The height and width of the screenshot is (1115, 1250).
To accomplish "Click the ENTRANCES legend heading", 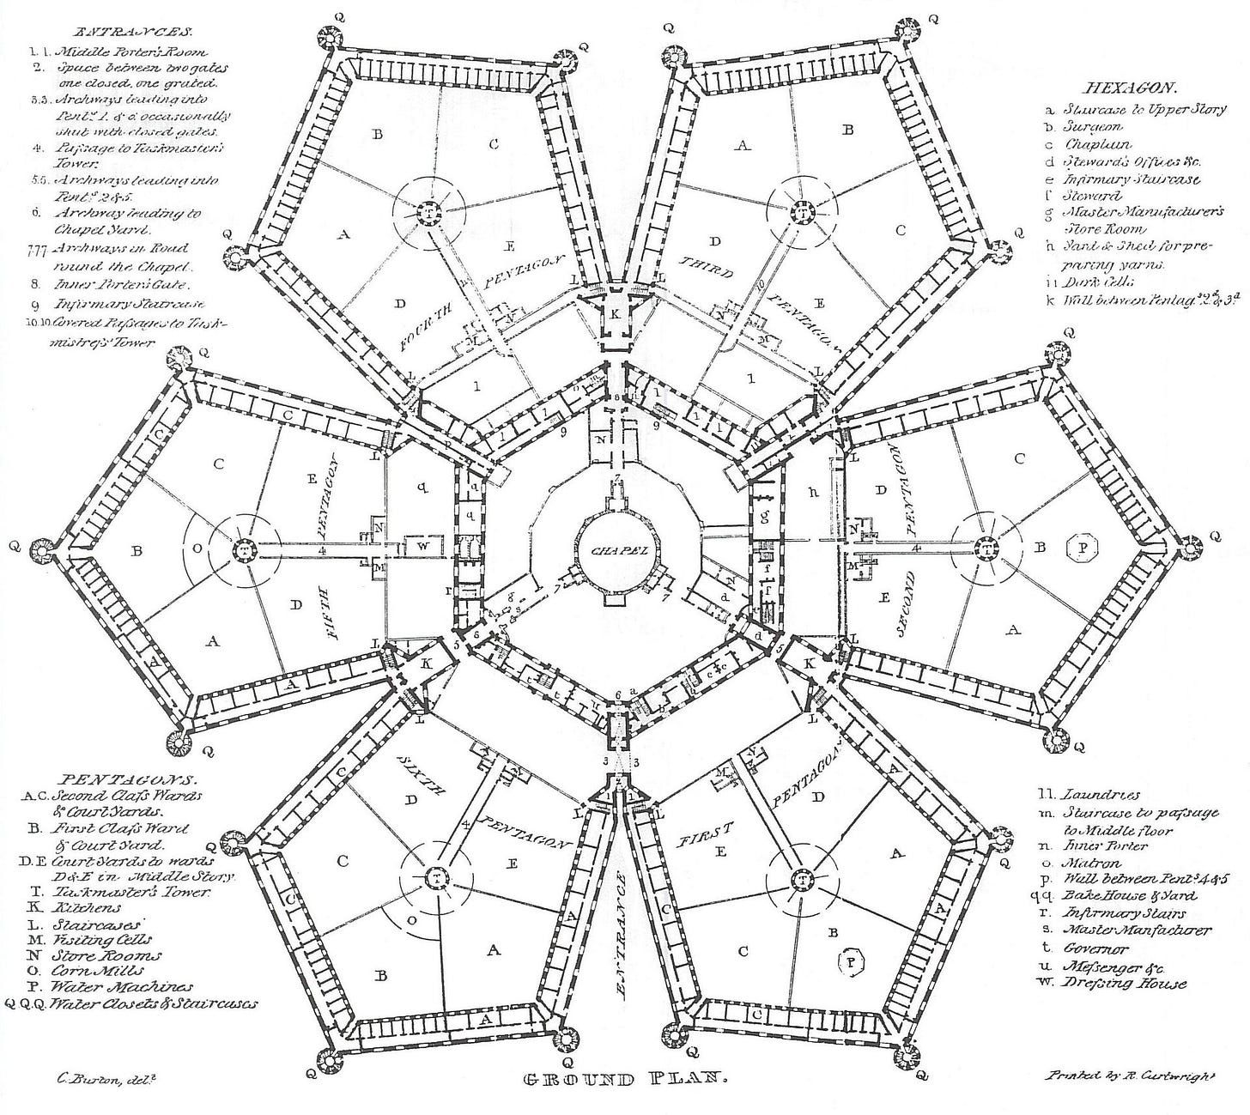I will point(115,32).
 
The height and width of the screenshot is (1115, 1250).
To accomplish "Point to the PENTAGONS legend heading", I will point(128,780).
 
